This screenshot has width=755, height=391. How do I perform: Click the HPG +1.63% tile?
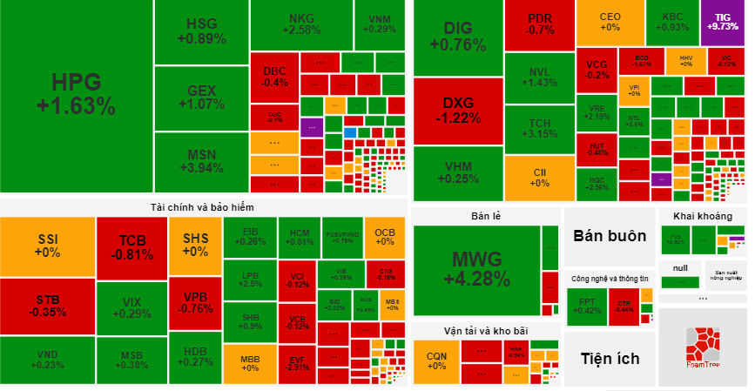pos(76,94)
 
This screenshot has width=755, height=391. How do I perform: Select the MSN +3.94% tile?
pos(200,162)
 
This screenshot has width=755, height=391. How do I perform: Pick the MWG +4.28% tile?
pos(475,269)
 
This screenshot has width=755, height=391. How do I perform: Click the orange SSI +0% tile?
pos(47,246)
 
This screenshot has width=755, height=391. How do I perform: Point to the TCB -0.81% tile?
pos(131,247)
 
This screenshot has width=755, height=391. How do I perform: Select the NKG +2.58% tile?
pos(302,24)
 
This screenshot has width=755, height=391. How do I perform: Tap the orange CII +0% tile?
pos(539,178)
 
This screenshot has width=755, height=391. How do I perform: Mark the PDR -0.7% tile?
pos(539,24)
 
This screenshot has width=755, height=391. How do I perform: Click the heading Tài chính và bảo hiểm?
pos(202,206)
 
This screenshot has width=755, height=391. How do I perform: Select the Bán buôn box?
pos(609,235)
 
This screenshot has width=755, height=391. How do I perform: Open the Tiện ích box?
pos(609,358)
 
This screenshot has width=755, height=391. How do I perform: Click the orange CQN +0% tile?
pos(435,361)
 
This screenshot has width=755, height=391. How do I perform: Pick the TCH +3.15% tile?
pos(539,128)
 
